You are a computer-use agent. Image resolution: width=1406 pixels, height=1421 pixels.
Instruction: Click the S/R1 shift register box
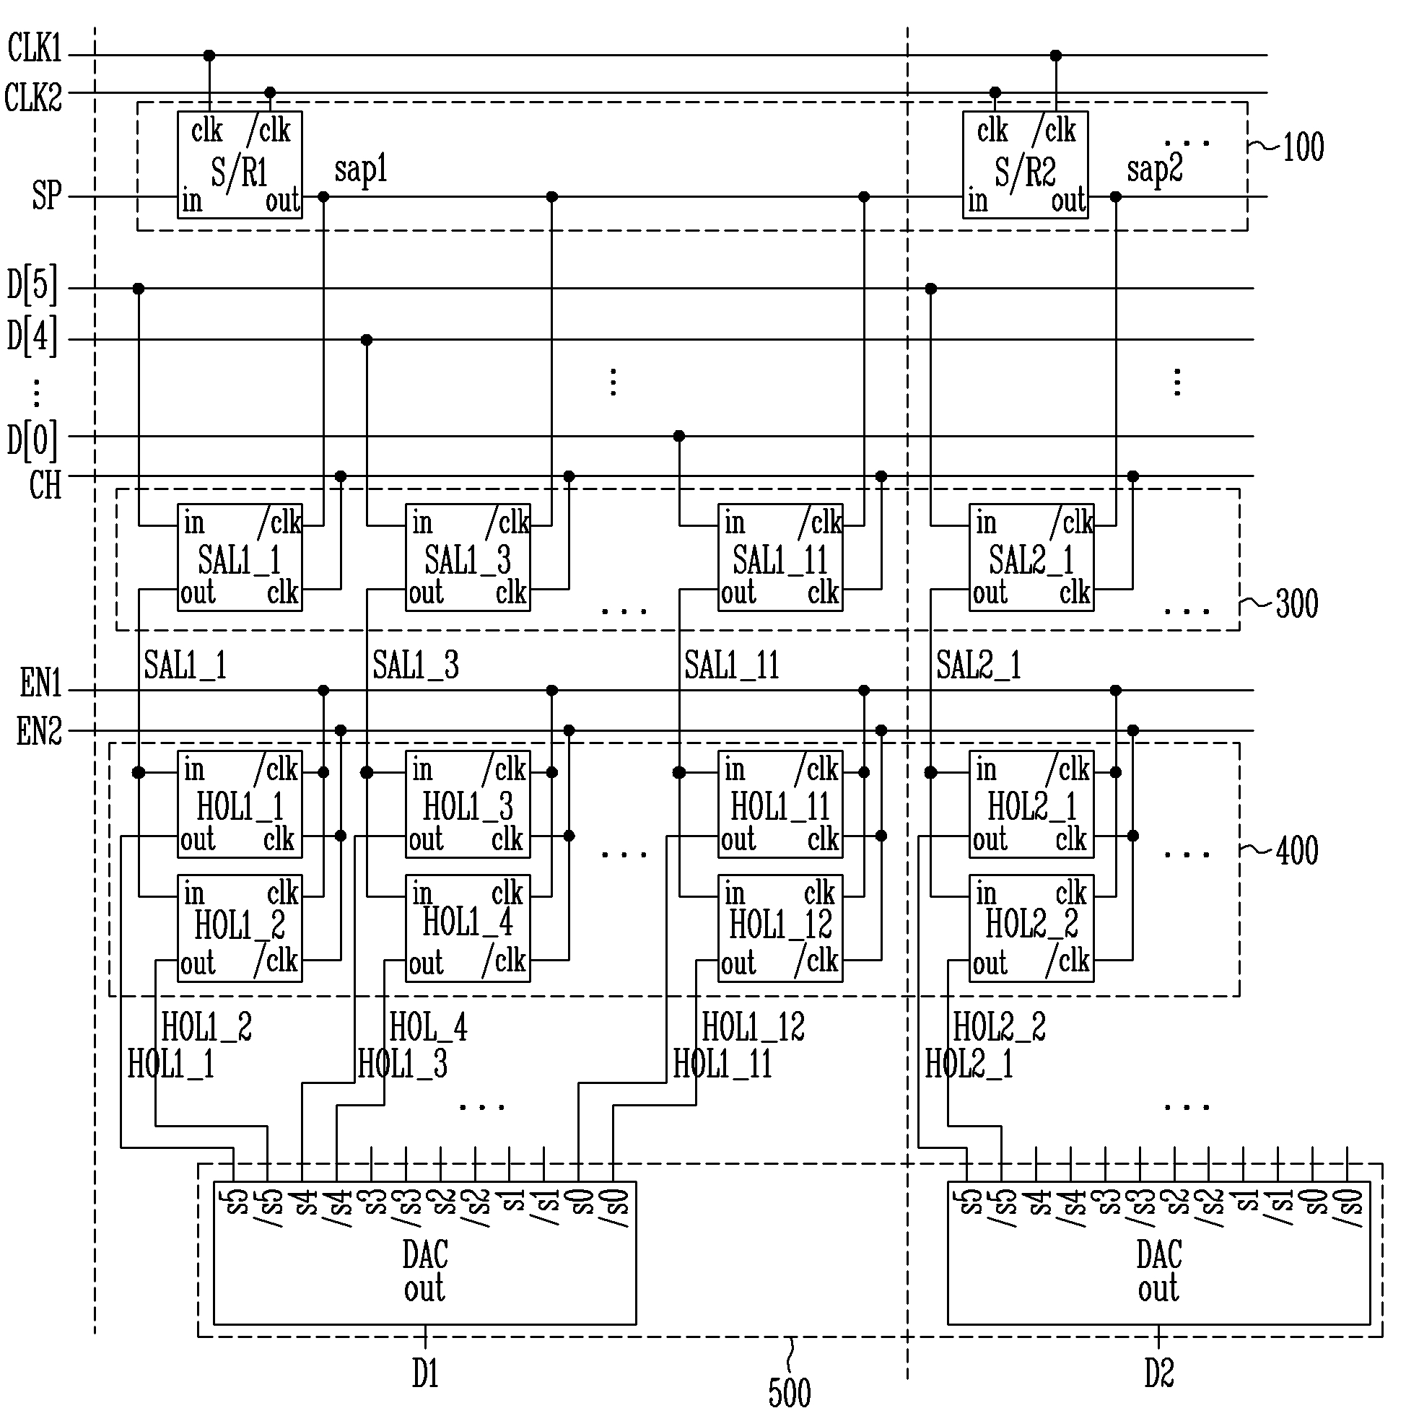pyautogui.click(x=239, y=165)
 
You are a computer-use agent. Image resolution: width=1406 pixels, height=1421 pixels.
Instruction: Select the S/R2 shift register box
pyautogui.click(x=1025, y=165)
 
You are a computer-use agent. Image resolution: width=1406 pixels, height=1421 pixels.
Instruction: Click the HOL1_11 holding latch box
pyautogui.click(x=781, y=805)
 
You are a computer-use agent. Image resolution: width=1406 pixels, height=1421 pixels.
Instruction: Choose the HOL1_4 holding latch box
pyautogui.click(x=468, y=928)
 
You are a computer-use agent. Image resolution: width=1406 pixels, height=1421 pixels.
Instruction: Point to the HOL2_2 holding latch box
pyautogui.click(x=1031, y=928)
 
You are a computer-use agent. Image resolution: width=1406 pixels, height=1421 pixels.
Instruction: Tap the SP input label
pyautogui.click(x=46, y=196)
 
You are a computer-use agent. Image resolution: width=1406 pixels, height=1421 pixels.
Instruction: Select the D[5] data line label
pyautogui.click(x=32, y=286)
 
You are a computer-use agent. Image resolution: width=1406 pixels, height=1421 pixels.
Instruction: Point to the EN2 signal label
pyautogui.click(x=40, y=732)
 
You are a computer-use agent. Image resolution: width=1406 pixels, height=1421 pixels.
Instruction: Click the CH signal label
pyautogui.click(x=45, y=486)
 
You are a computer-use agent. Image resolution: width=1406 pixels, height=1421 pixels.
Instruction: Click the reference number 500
pyautogui.click(x=790, y=1392)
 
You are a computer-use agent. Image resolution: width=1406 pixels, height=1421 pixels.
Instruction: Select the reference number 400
pyautogui.click(x=1296, y=851)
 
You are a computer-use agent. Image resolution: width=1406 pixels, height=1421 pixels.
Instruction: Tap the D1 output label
pyautogui.click(x=425, y=1373)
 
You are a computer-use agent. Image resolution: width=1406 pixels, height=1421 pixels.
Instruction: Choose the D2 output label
pyautogui.click(x=1158, y=1373)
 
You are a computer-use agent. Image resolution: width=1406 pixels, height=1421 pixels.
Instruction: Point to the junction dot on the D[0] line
pyautogui.click(x=679, y=436)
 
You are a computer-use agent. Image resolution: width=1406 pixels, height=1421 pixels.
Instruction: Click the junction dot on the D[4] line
pyautogui.click(x=367, y=340)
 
